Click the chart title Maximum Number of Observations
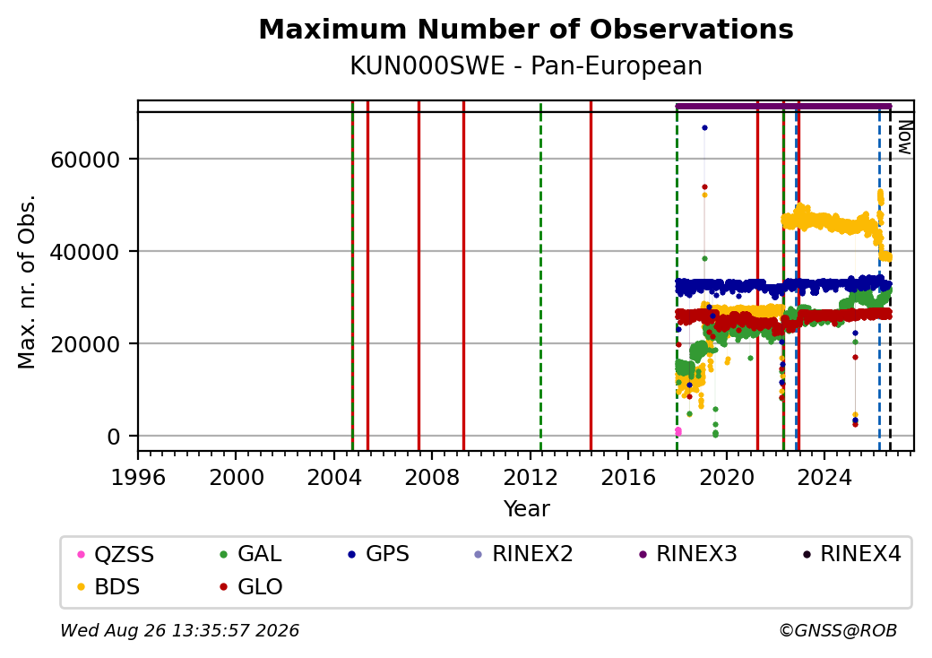tap(526, 29)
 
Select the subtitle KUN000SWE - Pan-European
tap(526, 65)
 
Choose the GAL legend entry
tap(251, 553)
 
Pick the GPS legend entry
tap(378, 553)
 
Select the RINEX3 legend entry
tap(687, 553)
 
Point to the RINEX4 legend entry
tap(851, 553)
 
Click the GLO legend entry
tap(252, 586)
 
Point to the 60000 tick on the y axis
tap(85, 160)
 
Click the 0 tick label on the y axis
tap(114, 437)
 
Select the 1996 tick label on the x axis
tap(139, 477)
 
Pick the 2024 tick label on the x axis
tap(824, 477)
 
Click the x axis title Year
tap(527, 509)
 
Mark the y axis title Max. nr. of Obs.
tap(27, 281)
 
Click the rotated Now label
tap(904, 138)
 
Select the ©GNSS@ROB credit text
tap(838, 630)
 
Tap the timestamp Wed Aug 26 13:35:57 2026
tap(179, 630)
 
